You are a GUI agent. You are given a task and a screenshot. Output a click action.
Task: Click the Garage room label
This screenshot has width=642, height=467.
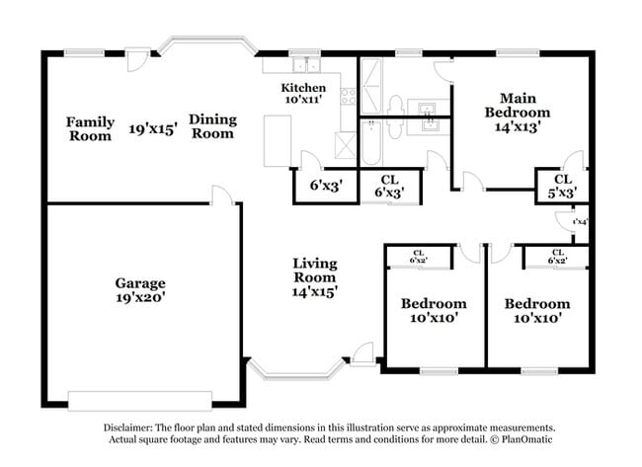138,282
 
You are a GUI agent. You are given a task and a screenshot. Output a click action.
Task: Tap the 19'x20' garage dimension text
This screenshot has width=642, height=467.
138,297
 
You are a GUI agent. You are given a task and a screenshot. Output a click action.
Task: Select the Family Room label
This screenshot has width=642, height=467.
90,128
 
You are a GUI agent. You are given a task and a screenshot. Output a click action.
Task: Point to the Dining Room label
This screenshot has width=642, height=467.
213,125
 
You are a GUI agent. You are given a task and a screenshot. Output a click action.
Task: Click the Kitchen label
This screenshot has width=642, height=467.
302,88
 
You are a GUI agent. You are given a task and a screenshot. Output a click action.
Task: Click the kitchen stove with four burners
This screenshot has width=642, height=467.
348,97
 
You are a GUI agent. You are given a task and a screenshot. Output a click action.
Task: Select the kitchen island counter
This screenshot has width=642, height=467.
278,141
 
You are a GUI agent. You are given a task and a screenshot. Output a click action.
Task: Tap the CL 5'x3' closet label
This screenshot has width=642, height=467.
562,186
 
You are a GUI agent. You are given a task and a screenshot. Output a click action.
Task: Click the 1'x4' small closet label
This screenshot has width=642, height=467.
579,222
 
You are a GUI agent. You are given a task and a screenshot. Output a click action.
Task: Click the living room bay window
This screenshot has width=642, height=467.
296,372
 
